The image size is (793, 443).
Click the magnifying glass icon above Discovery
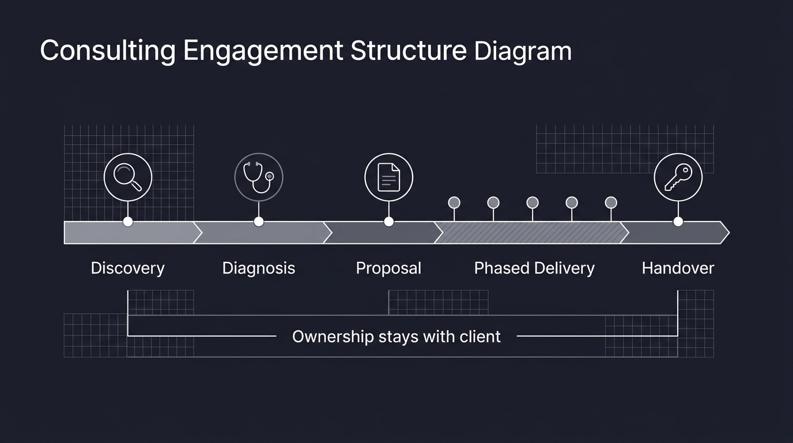(x=128, y=177)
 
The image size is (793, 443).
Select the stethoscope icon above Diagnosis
(x=259, y=177)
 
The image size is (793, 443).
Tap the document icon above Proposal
(x=389, y=177)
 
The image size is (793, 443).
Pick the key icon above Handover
(x=678, y=177)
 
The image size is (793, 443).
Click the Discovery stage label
(x=127, y=268)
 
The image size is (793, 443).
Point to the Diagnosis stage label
(x=259, y=268)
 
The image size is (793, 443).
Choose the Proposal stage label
(x=388, y=268)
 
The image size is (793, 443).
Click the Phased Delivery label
(x=534, y=268)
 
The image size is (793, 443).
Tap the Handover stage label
(x=678, y=268)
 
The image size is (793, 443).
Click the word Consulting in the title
(x=108, y=51)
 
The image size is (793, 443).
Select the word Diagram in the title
(x=523, y=51)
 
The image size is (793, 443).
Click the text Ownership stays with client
(x=396, y=336)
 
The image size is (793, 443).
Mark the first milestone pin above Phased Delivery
(x=454, y=202)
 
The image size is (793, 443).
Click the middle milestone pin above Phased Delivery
(x=533, y=202)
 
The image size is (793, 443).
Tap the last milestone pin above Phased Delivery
(x=611, y=202)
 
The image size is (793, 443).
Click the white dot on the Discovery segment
(x=128, y=221)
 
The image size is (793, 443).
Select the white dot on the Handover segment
(x=678, y=221)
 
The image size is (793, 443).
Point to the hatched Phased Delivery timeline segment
(x=530, y=232)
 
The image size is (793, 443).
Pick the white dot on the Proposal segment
(x=389, y=221)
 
